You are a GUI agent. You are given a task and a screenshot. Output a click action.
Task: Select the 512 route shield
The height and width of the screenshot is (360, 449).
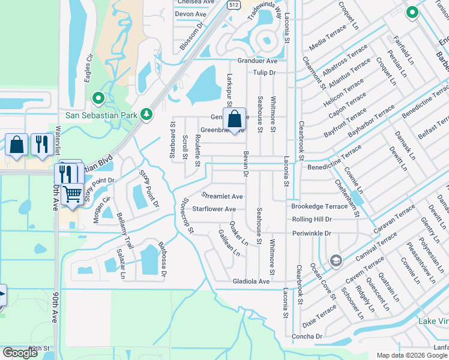pos(234,4)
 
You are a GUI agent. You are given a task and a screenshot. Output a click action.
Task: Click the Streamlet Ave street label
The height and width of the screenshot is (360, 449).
pos(222,196)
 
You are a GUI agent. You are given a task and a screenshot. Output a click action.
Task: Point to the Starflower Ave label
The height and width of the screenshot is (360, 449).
pos(214,209)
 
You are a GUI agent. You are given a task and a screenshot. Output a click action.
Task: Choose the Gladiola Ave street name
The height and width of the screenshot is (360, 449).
pos(251,281)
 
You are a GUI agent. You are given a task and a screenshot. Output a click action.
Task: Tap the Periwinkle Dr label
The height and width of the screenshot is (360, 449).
pos(312,233)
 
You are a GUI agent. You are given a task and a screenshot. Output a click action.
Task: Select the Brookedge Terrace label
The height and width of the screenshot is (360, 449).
pos(319,206)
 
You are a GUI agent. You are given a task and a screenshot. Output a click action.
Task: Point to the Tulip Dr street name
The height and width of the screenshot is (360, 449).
pos(264,73)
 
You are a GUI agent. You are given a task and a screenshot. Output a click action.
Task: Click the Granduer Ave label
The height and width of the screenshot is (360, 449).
pos(258,61)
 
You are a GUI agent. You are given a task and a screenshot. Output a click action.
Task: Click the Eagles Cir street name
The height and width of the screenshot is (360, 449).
pos(89,65)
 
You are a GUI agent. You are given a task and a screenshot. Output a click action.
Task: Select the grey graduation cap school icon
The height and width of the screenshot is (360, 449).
pos(336,260)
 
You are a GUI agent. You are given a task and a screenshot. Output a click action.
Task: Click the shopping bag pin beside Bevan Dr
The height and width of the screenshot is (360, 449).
pos(235,118)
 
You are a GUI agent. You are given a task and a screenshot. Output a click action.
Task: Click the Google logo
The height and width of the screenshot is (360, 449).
pos(20,353)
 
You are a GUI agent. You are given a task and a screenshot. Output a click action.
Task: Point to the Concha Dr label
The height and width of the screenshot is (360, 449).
pos(311,337)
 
